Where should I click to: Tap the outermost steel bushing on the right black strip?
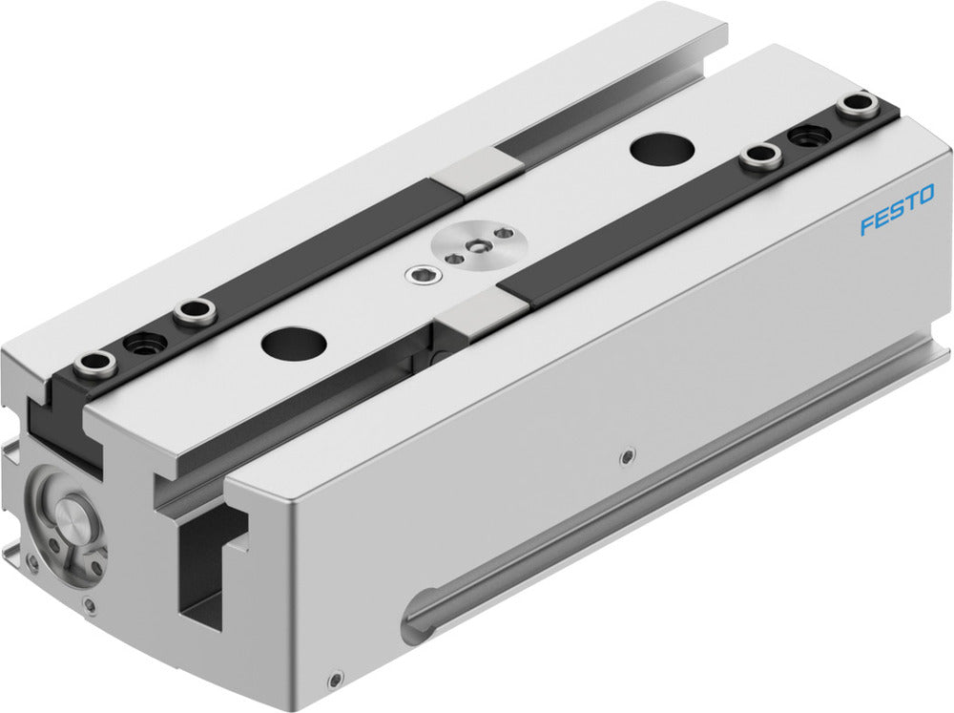[856, 107]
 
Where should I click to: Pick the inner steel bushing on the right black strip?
[759, 158]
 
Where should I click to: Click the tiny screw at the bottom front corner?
[333, 680]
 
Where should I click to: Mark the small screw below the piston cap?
[89, 603]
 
